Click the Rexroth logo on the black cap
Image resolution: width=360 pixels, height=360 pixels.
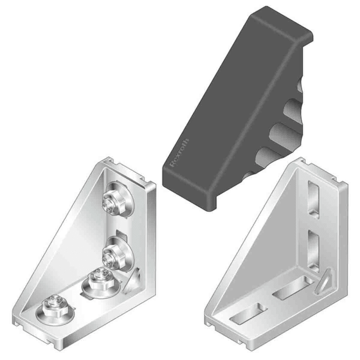179,151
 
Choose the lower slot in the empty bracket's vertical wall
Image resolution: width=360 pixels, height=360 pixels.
313,247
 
